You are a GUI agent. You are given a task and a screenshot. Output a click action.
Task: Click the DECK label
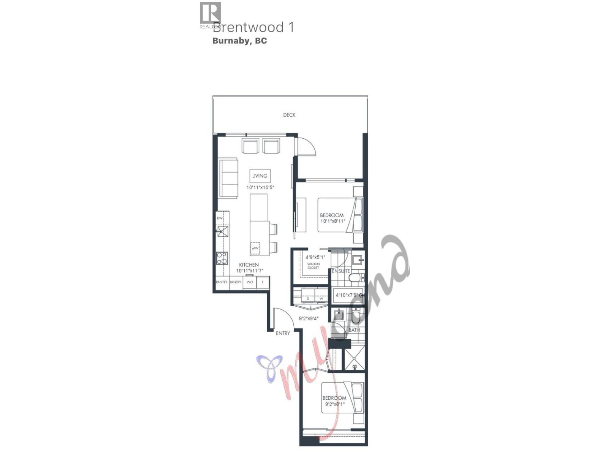pyautogui.click(x=289, y=115)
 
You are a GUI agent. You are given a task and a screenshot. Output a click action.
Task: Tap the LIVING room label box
pyautogui.click(x=260, y=176)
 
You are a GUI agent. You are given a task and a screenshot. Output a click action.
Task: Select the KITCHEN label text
pyautogui.click(x=249, y=265)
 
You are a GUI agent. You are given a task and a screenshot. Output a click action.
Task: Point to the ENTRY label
pyautogui.click(x=283, y=333)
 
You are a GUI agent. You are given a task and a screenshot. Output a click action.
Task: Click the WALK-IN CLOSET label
pyautogui.click(x=313, y=266)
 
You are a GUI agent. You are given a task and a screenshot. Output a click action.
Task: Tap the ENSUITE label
pyautogui.click(x=341, y=271)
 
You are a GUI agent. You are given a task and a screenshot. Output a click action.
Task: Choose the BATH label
pyautogui.click(x=354, y=330)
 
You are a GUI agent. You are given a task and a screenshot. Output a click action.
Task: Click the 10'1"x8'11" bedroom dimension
pyautogui.click(x=332, y=221)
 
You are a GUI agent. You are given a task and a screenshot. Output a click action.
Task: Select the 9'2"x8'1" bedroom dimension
pyautogui.click(x=334, y=404)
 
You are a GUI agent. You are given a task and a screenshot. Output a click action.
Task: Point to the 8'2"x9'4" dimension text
pyautogui.click(x=309, y=318)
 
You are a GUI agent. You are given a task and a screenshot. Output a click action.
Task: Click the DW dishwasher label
pyautogui.click(x=220, y=218)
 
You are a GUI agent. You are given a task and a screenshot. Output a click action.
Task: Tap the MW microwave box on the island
pyautogui.click(x=255, y=248)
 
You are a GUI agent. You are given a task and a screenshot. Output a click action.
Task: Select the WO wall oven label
pyautogui.click(x=250, y=282)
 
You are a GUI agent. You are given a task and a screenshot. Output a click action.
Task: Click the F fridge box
pyautogui.click(x=263, y=282)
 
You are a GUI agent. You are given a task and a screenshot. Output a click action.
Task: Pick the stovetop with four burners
pyautogui.click(x=222, y=258)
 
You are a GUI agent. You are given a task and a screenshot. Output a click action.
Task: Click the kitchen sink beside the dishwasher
pyautogui.click(x=222, y=231)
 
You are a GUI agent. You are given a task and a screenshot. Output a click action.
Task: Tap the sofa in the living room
pyautogui.click(x=228, y=178)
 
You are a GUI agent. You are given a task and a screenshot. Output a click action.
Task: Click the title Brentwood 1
pyautogui.click(x=253, y=27)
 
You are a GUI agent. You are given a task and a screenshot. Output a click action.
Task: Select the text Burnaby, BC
pyautogui.click(x=239, y=41)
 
